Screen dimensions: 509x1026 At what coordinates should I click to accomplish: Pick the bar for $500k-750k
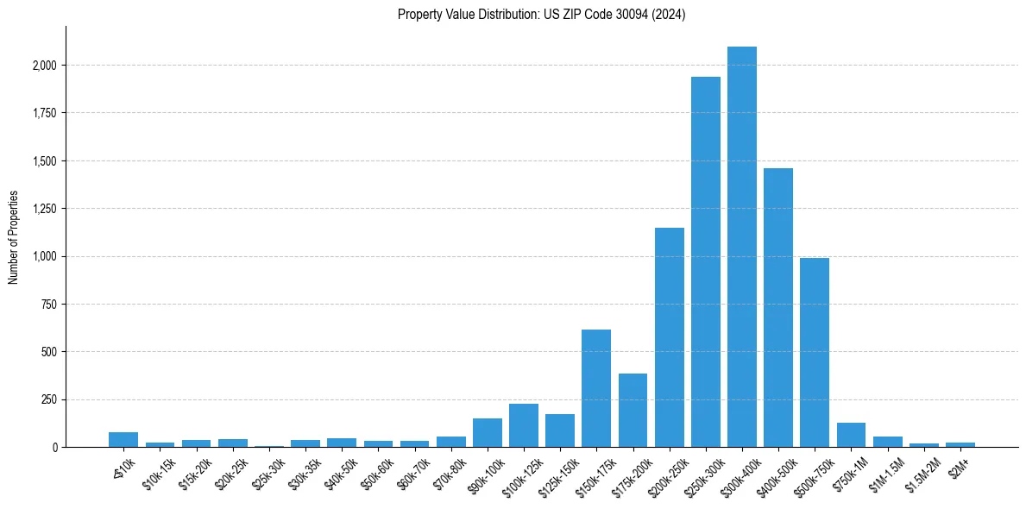coord(815,353)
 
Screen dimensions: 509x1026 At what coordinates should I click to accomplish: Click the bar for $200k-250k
coord(669,337)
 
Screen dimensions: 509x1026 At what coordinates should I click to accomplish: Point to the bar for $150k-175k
coord(596,388)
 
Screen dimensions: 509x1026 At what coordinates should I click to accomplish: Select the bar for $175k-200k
coord(633,411)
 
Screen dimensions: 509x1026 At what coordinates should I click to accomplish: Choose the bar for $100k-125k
coord(524,425)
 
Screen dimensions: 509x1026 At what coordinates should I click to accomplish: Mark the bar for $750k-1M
coord(851,435)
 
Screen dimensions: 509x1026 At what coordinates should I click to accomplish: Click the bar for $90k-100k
coord(488,433)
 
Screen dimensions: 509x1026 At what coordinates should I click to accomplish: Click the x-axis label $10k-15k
coord(158,469)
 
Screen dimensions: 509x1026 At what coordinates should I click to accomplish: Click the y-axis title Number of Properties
coord(14,237)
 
